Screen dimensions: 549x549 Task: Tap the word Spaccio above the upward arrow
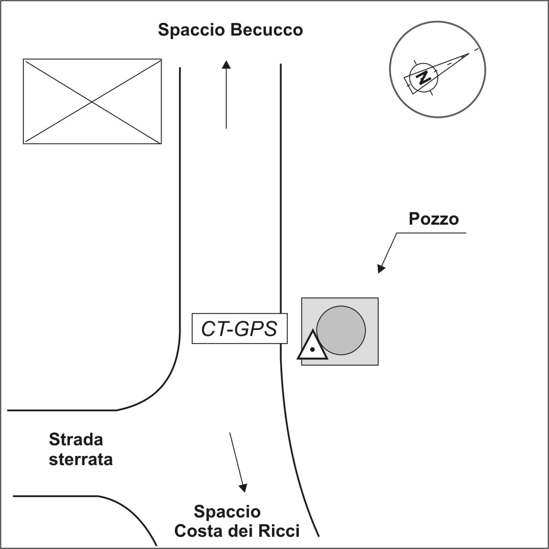tap(192, 30)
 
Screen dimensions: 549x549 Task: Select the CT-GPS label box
tap(239, 329)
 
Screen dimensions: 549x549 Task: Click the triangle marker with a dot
tap(312, 347)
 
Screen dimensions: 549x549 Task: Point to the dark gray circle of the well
tap(342, 330)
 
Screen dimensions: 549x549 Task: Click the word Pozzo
tap(434, 219)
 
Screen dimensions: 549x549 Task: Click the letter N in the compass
tap(422, 78)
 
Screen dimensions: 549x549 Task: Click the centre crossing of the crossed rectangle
tap(92, 102)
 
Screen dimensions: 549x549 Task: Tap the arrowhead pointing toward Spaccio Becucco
tap(226, 64)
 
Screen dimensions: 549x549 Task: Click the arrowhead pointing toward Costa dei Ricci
tap(244, 487)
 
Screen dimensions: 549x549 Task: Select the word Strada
tap(76, 439)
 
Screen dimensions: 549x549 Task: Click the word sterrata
tap(81, 460)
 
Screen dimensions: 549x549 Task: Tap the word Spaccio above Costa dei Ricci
tap(227, 511)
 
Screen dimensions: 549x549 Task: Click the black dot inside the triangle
tap(313, 350)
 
